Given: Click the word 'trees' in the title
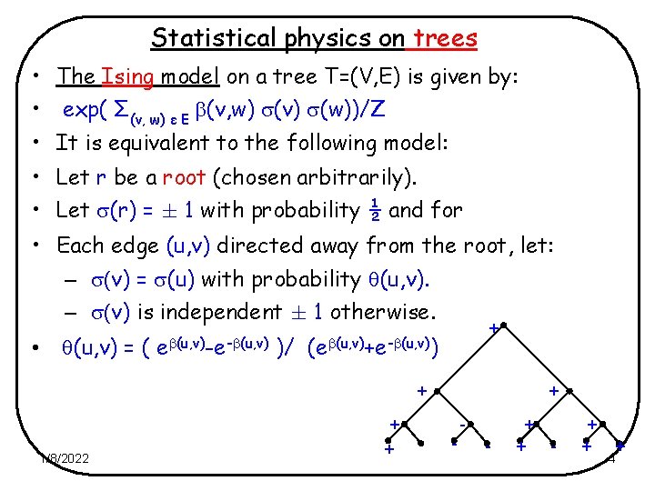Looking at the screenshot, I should pyautogui.click(x=445, y=38).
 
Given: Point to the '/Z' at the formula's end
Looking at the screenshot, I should pyautogui.click(x=374, y=110).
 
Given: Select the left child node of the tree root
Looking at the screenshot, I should pyautogui.click(x=437, y=391).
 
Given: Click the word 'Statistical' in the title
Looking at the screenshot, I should pyautogui.click(x=206, y=38).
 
